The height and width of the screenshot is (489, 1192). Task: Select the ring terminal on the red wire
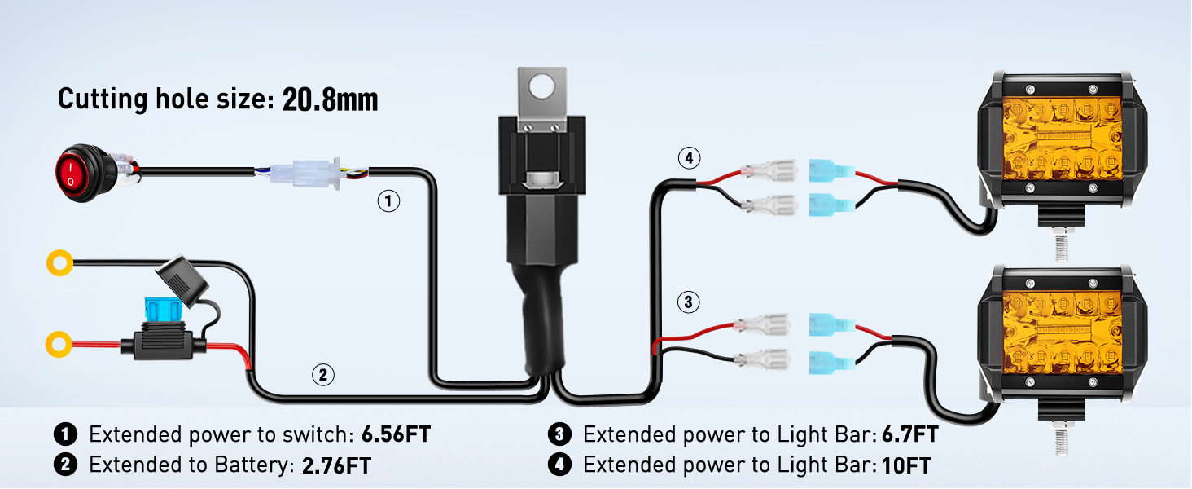coord(58,344)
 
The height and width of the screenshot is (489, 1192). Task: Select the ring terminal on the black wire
coord(58,263)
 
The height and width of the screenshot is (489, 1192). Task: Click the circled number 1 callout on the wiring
coord(389,201)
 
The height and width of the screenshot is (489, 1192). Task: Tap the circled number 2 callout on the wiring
coord(323,375)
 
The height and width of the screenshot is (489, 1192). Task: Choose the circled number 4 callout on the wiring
coord(689,158)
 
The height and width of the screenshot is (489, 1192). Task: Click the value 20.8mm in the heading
coord(330,99)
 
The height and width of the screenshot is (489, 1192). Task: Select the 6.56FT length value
coord(395,434)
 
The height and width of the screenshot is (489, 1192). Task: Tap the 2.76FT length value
coord(336,465)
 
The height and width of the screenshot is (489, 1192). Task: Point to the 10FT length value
coord(905,465)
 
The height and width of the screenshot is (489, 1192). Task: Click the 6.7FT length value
coord(909,434)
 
